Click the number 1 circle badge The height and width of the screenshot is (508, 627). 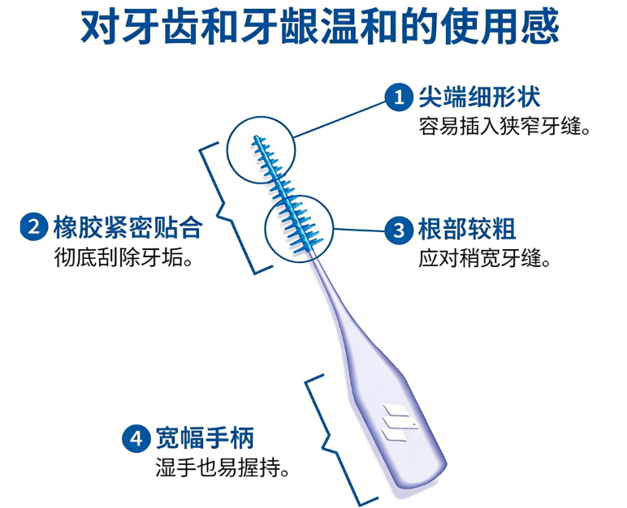click(x=399, y=97)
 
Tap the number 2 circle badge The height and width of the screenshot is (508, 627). click(x=34, y=226)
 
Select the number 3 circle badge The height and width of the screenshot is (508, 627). click(x=398, y=230)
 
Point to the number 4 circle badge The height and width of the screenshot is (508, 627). click(x=136, y=438)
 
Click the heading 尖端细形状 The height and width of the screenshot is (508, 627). click(x=480, y=97)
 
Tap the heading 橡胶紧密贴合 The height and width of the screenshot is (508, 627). click(x=128, y=227)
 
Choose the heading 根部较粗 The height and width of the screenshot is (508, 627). click(x=467, y=230)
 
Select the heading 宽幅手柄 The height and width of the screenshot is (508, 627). click(x=205, y=438)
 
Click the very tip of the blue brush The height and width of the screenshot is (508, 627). click(x=255, y=136)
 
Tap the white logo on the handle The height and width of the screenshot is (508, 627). click(x=399, y=423)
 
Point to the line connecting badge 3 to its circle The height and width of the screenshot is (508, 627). click(x=359, y=230)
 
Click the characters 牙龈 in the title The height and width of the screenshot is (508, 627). click(x=279, y=27)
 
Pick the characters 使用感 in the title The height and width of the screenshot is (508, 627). click(x=499, y=27)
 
